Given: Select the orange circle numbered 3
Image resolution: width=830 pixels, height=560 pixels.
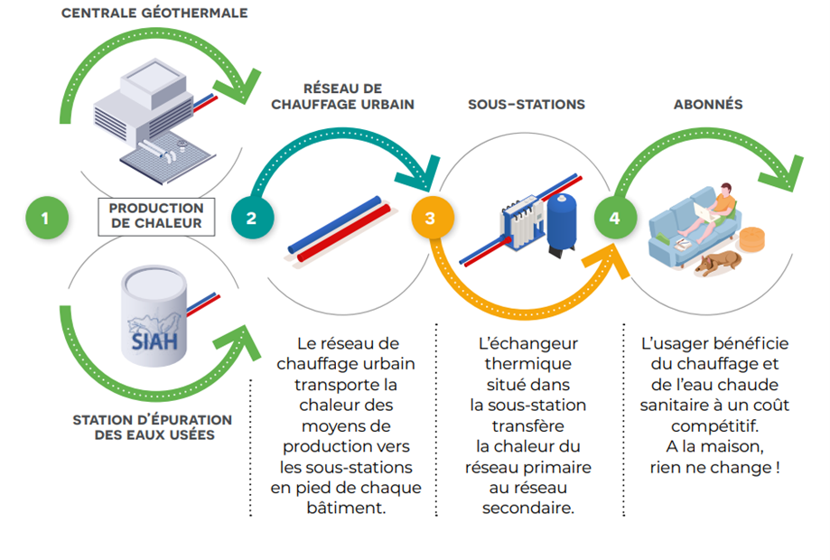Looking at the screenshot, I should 430,218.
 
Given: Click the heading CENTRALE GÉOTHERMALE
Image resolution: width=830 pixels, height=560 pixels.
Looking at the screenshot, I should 154,14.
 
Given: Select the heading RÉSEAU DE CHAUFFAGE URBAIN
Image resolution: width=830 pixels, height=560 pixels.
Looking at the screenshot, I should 343,97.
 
